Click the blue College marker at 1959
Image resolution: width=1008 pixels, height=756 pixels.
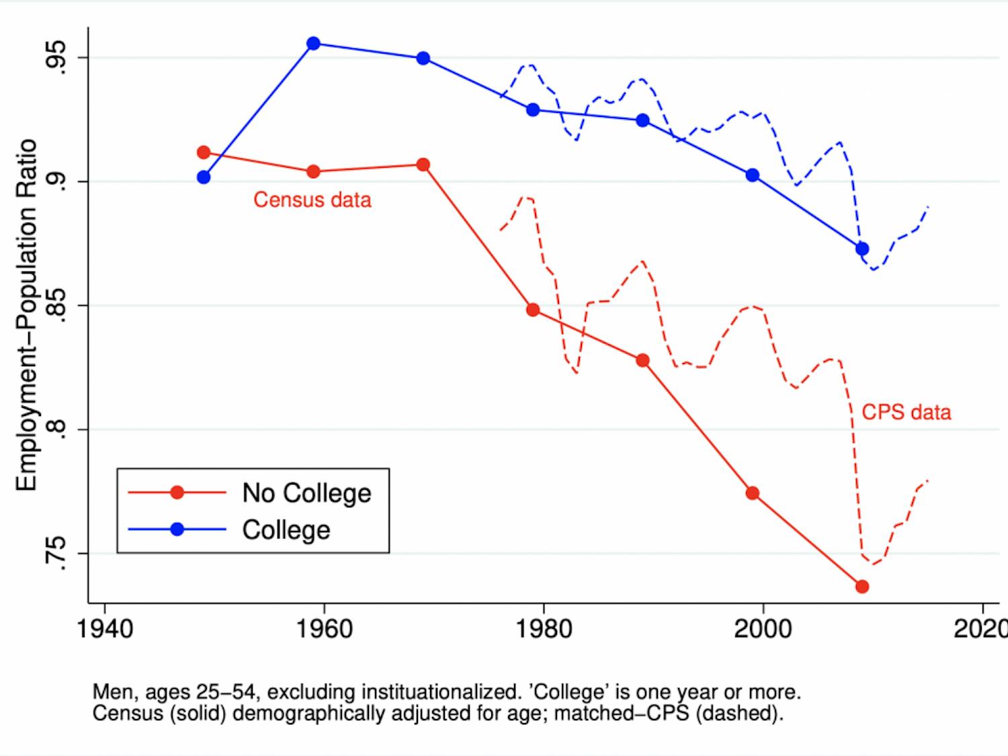click(x=313, y=44)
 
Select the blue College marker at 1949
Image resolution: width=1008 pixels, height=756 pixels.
click(x=204, y=177)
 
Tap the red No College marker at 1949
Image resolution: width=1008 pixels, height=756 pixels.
click(x=204, y=153)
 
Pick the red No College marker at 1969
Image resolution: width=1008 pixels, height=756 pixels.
click(x=423, y=165)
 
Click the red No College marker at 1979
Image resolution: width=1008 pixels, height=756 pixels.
click(x=533, y=310)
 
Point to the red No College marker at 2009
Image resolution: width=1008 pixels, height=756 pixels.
click(x=862, y=587)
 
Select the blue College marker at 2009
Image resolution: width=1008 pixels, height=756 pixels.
click(x=862, y=249)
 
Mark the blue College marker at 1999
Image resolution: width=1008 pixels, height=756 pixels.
click(x=753, y=175)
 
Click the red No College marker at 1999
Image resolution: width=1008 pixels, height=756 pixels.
click(x=753, y=493)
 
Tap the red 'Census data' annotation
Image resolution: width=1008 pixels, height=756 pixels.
click(x=312, y=200)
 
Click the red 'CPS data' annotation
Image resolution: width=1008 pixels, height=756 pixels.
click(x=906, y=412)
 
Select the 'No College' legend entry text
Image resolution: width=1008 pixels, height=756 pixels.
click(x=306, y=493)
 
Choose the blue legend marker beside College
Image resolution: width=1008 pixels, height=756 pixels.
click(x=177, y=530)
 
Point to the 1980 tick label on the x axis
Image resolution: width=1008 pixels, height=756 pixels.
click(x=543, y=629)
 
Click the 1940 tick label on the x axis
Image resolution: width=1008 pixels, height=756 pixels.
click(x=105, y=629)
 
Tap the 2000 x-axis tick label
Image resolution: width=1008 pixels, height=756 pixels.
click(x=763, y=629)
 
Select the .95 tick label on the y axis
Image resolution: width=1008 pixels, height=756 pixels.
click(x=55, y=57)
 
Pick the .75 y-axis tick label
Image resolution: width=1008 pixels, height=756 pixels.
click(x=55, y=553)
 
